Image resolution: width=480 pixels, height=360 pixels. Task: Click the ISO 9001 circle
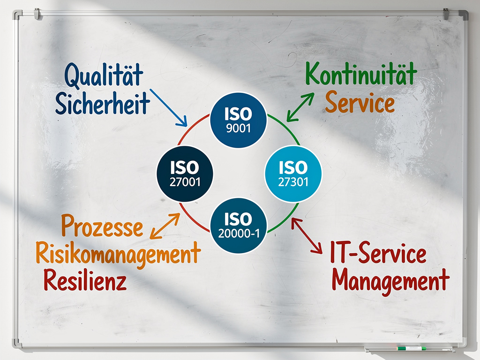[x=239, y=120]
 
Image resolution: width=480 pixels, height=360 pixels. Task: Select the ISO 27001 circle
[x=185, y=173]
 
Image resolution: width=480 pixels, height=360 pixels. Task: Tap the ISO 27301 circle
[x=293, y=173]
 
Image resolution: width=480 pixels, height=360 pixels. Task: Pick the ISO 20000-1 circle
[x=239, y=225]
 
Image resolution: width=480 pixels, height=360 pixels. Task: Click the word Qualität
[x=104, y=76]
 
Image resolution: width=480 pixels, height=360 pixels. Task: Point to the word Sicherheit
[x=102, y=103]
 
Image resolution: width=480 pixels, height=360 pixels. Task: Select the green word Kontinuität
[x=361, y=75]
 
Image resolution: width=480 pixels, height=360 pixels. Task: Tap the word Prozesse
[x=102, y=227]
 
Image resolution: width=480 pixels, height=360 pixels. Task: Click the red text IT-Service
[x=378, y=255]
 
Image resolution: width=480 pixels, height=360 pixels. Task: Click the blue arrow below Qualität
[x=168, y=107]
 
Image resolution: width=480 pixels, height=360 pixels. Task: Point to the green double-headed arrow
[x=300, y=106]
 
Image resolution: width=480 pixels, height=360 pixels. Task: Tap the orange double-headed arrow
[x=165, y=226]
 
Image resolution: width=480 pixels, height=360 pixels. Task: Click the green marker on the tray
[x=411, y=348]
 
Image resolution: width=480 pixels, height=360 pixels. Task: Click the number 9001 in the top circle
[x=239, y=128]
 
